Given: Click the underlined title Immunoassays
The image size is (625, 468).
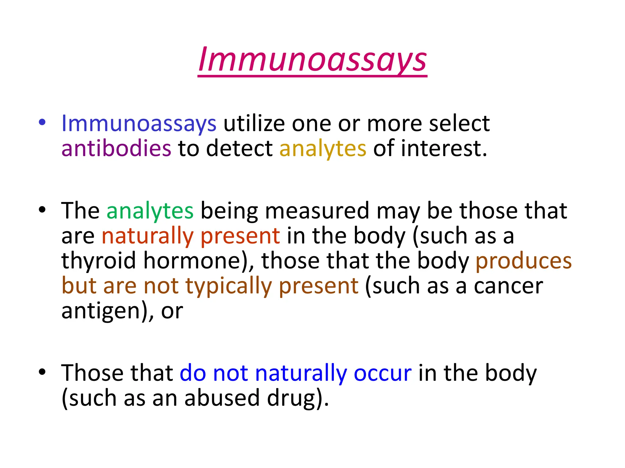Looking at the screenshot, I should tap(312, 59).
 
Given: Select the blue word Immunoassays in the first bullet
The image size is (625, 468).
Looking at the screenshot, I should tap(139, 123).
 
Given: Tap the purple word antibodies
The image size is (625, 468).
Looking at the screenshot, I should tap(116, 148).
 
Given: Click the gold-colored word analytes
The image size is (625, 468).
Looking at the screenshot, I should tap(323, 148).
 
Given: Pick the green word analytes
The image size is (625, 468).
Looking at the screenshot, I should tap(150, 211).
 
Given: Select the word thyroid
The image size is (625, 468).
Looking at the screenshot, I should tap(99, 261).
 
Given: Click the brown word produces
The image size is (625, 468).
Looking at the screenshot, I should tap(523, 261).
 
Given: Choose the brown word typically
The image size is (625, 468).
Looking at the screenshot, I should tap(228, 286).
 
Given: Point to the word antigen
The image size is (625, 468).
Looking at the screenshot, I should tap(100, 311).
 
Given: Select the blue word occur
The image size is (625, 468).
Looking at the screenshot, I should tap(382, 373).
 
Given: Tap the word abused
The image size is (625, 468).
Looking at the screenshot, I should tap(222, 398).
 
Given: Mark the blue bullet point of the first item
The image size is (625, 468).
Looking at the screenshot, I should tap(42, 123).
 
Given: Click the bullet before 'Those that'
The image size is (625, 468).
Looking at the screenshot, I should tap(42, 372).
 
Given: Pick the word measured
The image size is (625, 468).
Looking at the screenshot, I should tap(317, 211).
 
